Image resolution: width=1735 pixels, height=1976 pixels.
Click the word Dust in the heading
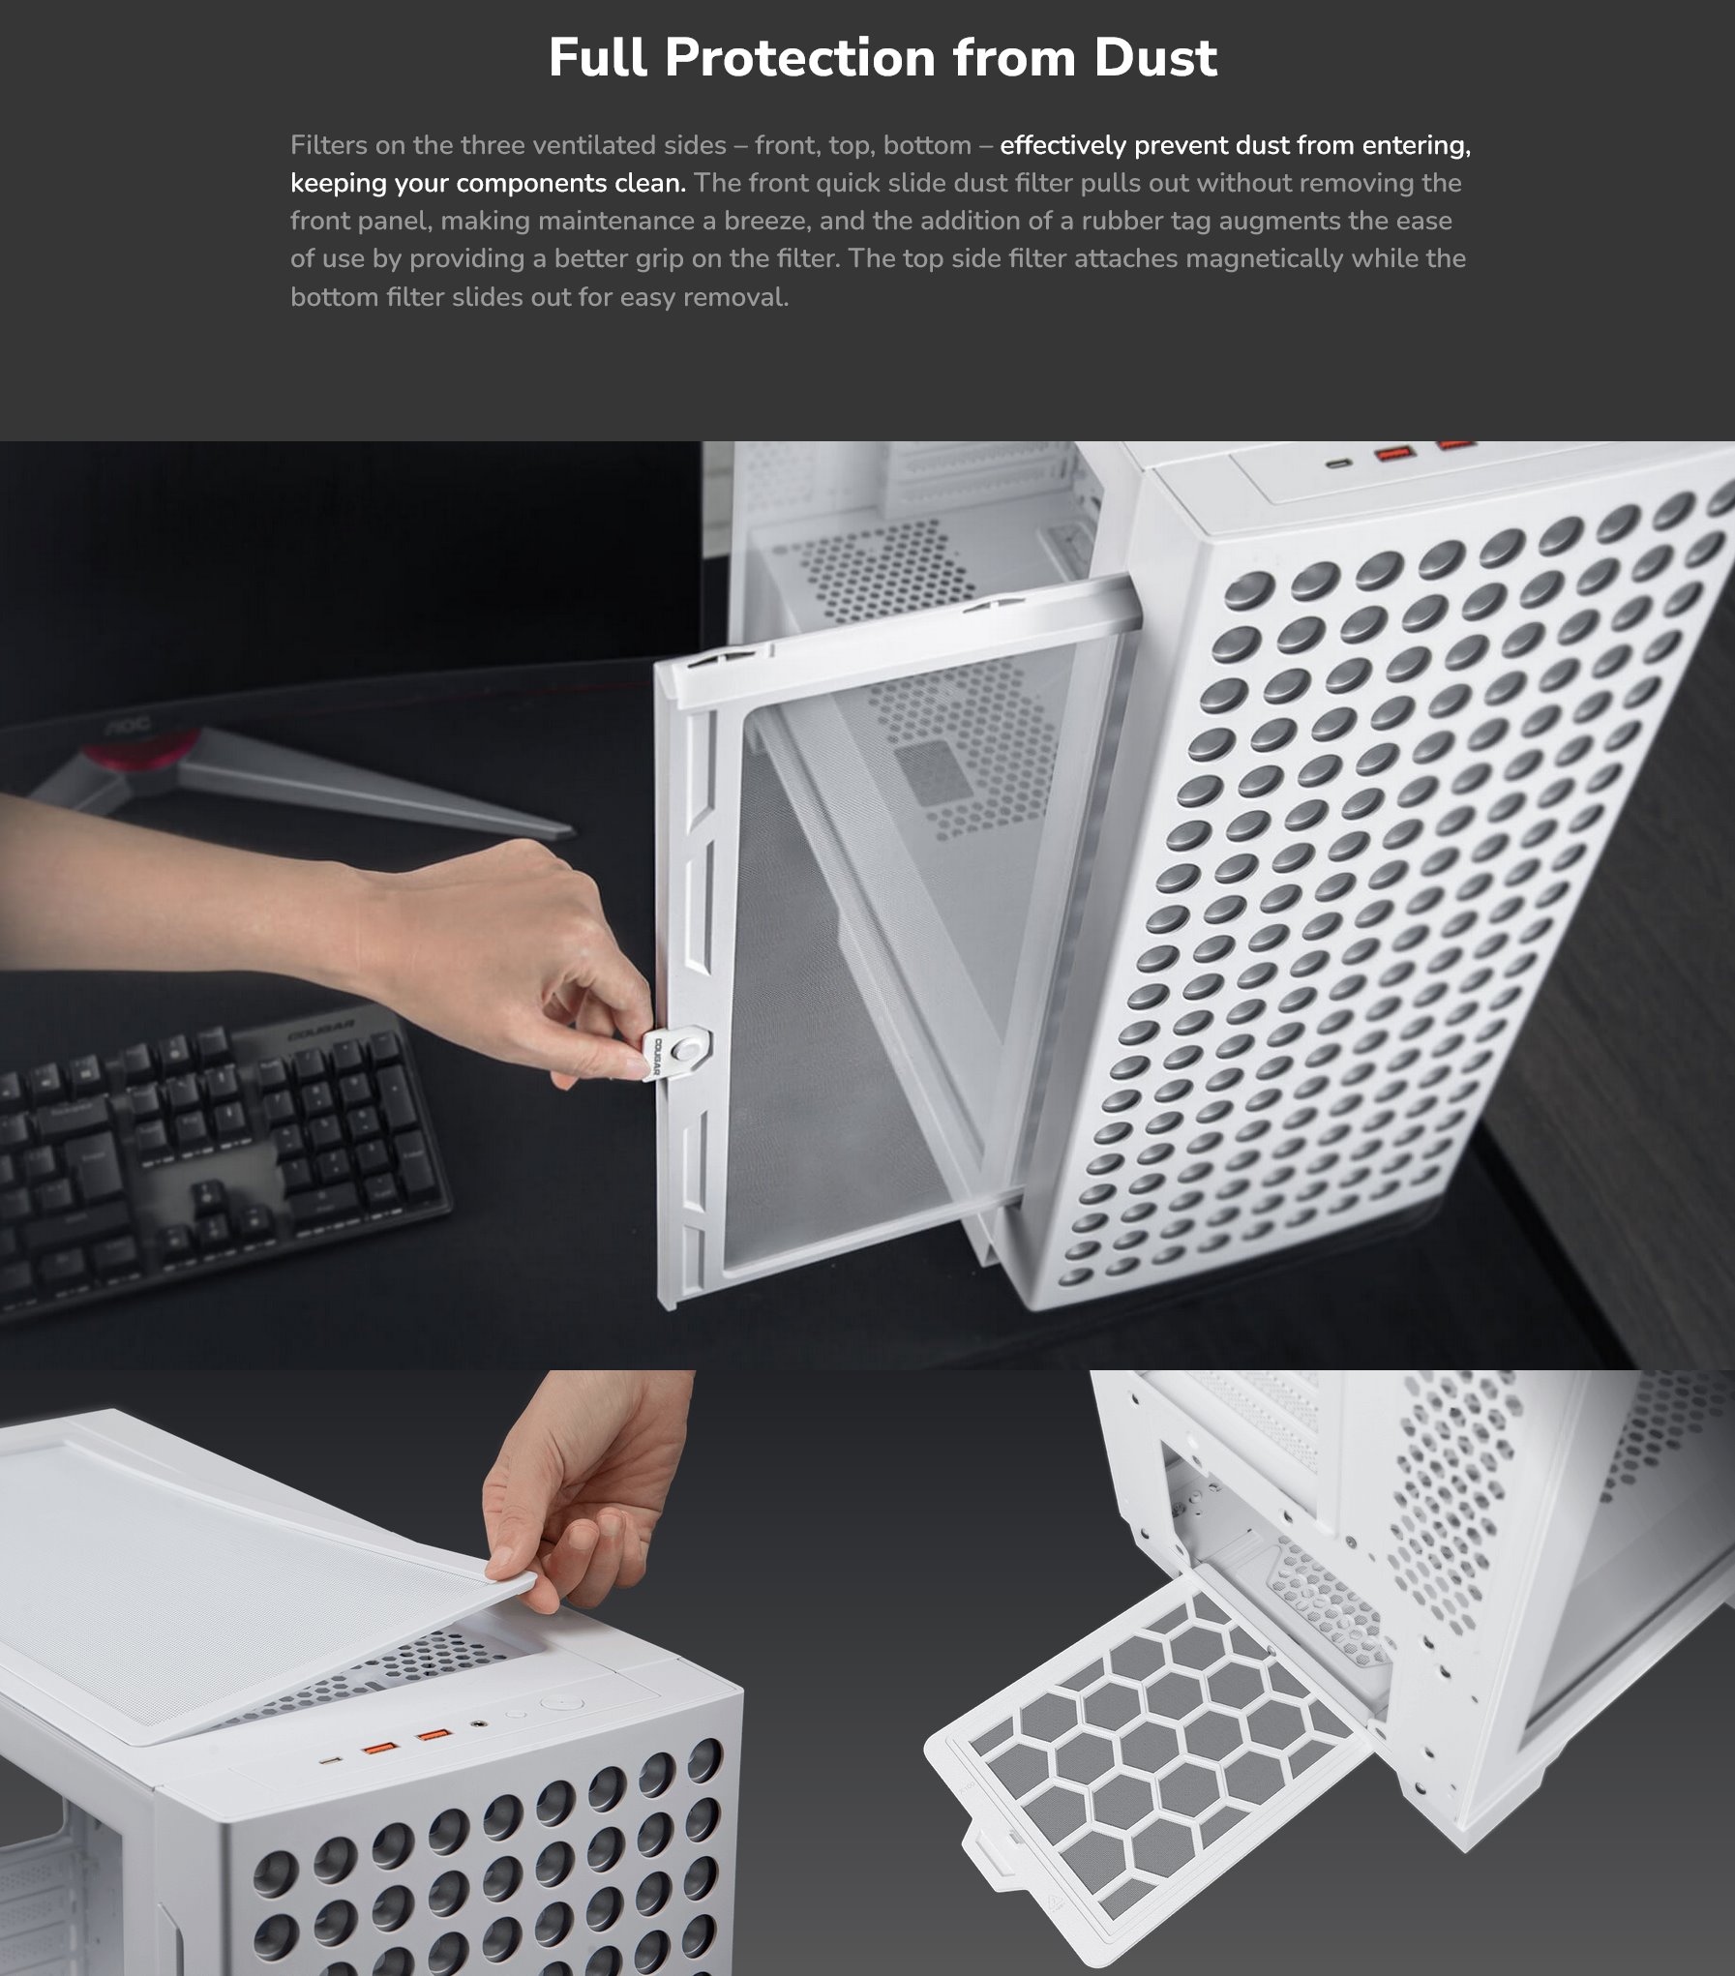pyautogui.click(x=1154, y=58)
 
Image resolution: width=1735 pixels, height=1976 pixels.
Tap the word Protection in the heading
pyautogui.click(x=799, y=58)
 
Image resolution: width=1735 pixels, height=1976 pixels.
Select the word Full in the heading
pyautogui.click(x=597, y=58)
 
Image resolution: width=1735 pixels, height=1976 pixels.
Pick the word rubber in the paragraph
pyautogui.click(x=1122, y=221)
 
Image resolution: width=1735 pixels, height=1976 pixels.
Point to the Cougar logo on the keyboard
pyautogui.click(x=321, y=1035)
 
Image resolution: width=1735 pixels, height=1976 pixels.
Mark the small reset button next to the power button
pyautogui.click(x=518, y=1714)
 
